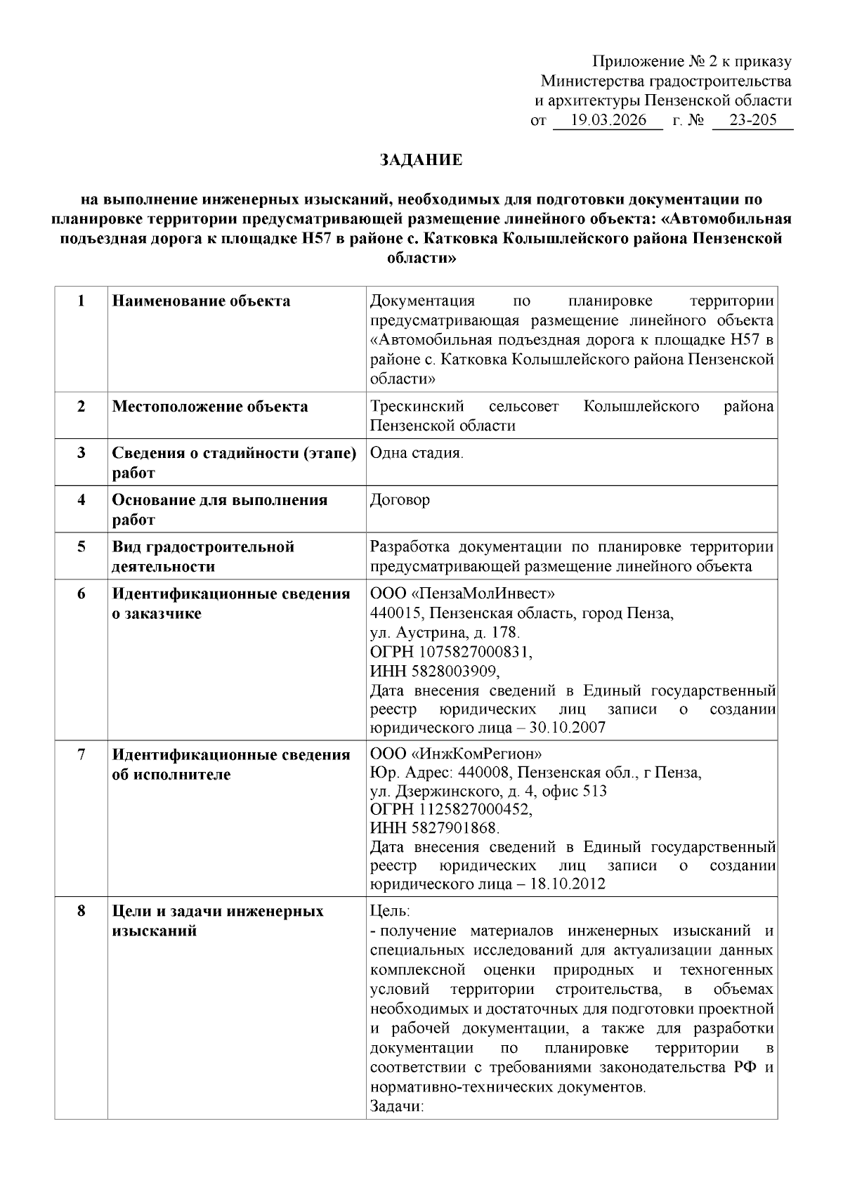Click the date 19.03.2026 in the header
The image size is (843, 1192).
(608, 120)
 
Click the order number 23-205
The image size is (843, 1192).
(753, 120)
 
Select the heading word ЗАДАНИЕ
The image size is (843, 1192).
(421, 160)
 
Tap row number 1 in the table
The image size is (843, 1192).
(81, 301)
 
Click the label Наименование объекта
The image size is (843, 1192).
(202, 301)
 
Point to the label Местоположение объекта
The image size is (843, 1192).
(210, 407)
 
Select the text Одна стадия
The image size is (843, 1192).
(417, 453)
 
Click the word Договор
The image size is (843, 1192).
(400, 500)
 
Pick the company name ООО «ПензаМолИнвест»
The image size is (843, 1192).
(463, 594)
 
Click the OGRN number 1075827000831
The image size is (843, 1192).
(481, 651)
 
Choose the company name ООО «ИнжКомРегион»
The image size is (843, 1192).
(457, 754)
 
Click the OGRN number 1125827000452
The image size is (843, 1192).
(481, 809)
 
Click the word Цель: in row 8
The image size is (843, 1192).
(390, 912)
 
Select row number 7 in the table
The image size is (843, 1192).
(81, 754)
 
